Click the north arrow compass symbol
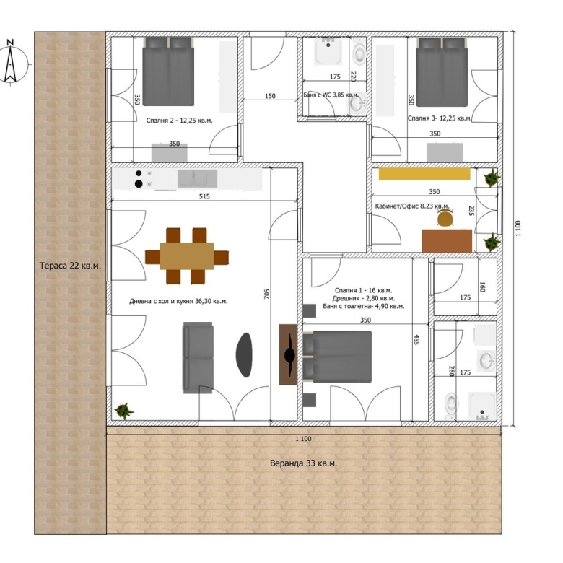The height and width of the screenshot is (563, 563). [x=11, y=62]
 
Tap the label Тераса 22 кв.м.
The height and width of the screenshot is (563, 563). [x=70, y=266]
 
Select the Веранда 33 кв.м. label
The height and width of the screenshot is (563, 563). [x=303, y=463]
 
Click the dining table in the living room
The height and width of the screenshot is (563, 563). [x=187, y=256]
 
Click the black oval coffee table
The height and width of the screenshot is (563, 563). [x=244, y=354]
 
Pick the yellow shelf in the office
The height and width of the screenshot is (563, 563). [x=424, y=174]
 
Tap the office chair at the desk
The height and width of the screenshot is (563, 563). [x=445, y=218]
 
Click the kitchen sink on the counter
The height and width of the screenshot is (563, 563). [x=198, y=178]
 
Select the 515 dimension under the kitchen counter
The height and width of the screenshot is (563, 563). [x=204, y=196]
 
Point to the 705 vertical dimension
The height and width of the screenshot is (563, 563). [x=266, y=294]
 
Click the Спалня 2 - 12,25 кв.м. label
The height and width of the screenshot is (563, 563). [x=179, y=121]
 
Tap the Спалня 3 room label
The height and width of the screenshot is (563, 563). [x=440, y=118]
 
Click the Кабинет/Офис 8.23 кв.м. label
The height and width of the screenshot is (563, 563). [x=412, y=206]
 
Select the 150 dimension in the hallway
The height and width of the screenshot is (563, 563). [x=270, y=96]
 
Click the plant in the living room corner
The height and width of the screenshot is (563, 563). [x=123, y=411]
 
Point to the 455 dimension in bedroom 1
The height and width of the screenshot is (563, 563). [x=416, y=340]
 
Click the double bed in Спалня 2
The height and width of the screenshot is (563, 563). [x=168, y=71]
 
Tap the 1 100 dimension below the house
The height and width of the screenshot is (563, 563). [x=303, y=439]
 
